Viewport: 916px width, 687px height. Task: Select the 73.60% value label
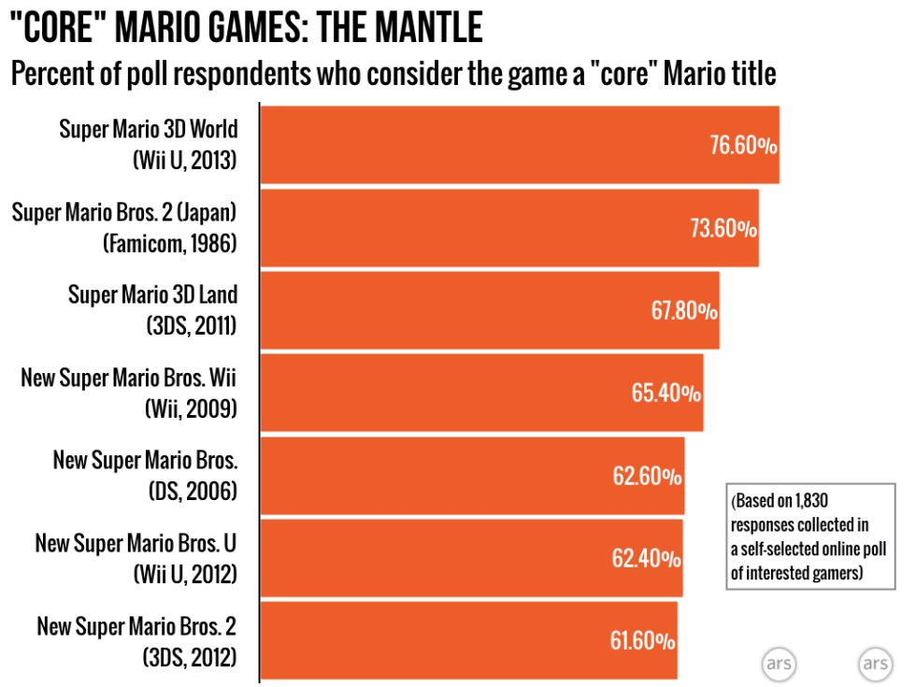(x=723, y=229)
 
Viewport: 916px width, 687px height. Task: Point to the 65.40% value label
(x=666, y=394)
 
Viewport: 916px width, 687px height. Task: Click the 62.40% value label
(x=646, y=559)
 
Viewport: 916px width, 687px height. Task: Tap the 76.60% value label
(x=743, y=147)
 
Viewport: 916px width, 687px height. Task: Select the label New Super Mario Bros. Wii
(x=129, y=378)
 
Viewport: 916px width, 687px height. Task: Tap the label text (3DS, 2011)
(x=192, y=325)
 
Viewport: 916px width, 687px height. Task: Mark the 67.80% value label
(x=684, y=311)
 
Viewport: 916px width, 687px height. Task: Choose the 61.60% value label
(x=643, y=641)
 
